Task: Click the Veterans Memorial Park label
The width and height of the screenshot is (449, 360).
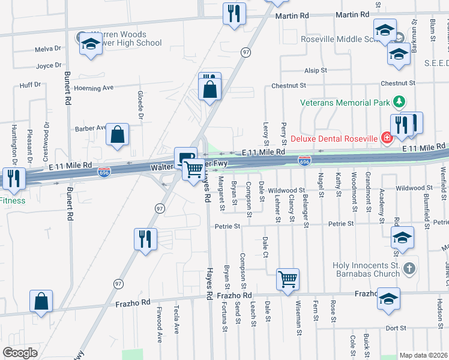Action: point(345,103)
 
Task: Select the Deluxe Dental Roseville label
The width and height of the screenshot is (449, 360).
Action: point(334,139)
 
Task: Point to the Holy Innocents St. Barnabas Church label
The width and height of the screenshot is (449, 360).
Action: point(366,269)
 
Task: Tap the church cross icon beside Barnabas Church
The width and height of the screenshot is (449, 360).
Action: point(409,268)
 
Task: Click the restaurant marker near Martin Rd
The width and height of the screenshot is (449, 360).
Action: point(234,13)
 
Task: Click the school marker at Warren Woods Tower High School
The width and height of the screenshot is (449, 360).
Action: point(91,44)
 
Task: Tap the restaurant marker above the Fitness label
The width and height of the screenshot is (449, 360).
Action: point(13,178)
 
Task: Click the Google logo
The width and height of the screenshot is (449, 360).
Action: point(20,353)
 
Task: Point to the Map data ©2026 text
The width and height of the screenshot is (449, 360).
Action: point(423,355)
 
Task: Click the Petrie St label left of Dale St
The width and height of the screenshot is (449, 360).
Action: point(228,227)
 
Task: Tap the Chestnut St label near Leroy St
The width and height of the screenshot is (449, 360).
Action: point(288,86)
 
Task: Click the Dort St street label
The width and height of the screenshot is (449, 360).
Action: point(396,328)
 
